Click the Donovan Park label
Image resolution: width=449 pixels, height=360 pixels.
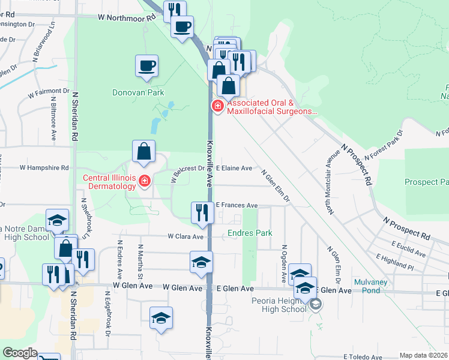tap(138, 93)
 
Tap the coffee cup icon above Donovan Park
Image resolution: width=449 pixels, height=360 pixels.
tap(146, 65)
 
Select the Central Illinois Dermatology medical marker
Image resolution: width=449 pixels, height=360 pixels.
tap(144, 181)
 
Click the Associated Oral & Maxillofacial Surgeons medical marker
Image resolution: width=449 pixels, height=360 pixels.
tap(217, 107)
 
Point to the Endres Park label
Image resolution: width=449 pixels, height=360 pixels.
tap(250, 233)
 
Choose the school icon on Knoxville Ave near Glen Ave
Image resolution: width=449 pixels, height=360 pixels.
tap(201, 262)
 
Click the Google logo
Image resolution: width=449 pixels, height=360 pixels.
tap(20, 353)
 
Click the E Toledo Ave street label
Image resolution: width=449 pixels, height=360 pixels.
tap(363, 356)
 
